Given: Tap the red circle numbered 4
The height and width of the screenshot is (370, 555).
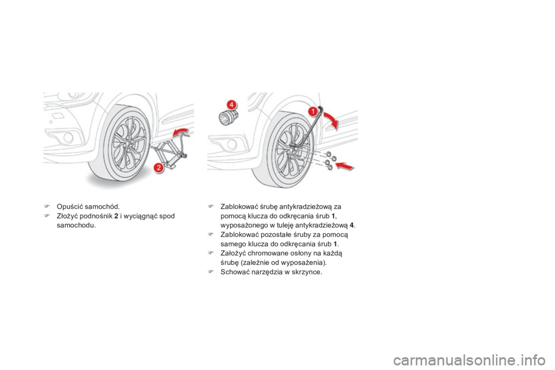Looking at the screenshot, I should (x=231, y=104).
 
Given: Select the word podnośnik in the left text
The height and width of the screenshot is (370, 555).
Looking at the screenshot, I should (x=87, y=216).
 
